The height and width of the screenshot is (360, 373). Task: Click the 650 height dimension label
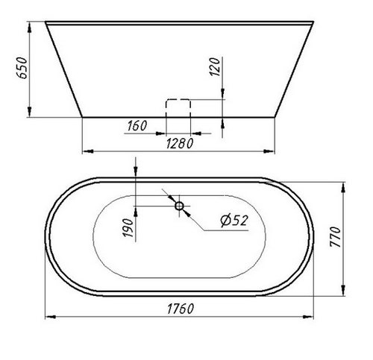coord(22,68)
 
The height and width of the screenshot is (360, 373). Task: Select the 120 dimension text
coord(215,66)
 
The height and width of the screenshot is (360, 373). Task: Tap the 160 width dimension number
coord(137,126)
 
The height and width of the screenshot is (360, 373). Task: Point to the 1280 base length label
coord(180,143)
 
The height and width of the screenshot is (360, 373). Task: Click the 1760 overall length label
coord(181,309)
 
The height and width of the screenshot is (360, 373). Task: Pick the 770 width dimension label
coord(335,237)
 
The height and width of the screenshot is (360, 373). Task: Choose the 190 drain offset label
coord(128,227)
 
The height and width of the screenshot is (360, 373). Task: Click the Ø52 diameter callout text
coord(234,221)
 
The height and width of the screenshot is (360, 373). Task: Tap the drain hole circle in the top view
coord(179,206)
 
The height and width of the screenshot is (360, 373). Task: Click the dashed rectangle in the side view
coord(178,99)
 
